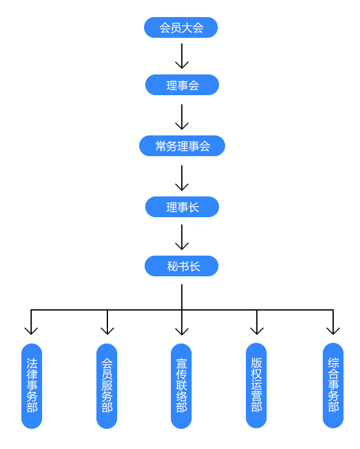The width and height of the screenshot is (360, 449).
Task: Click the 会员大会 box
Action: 181,27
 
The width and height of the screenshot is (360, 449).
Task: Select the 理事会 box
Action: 182,85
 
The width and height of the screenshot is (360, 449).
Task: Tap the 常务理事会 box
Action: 182,146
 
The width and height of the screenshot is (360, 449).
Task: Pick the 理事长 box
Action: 182,207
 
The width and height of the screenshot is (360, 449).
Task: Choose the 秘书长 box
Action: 181,266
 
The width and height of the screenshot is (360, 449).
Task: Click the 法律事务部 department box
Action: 32,386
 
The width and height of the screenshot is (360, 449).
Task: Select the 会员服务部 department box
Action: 107,386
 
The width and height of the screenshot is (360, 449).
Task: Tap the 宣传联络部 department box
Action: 181,386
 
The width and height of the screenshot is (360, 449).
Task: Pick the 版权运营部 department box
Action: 256,386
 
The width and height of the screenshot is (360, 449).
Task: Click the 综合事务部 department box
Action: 333,386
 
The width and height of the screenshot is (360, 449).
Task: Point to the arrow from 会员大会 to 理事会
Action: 182,56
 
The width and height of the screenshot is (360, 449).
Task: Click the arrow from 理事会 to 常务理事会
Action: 182,117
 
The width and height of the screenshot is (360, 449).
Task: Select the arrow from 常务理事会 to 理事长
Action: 182,178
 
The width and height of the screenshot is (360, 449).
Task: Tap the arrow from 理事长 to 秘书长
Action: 182,237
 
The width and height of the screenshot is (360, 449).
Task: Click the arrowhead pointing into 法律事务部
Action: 31,331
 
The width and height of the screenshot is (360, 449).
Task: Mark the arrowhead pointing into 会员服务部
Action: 107,331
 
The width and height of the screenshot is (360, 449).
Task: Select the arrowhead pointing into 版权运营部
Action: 257,331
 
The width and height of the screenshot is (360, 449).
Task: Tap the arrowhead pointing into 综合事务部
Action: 333,331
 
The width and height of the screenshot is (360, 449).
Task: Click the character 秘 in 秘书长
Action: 173,267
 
